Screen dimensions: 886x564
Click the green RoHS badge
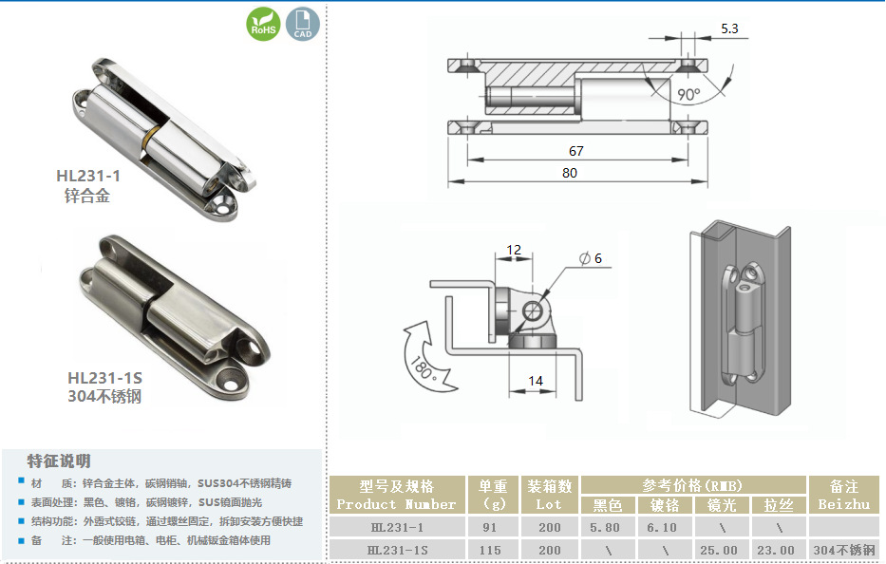(263, 24)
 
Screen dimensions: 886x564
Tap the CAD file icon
(302, 24)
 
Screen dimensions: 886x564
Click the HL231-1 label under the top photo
(88, 176)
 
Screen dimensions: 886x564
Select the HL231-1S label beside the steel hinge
(105, 378)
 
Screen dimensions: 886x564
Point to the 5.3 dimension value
(729, 28)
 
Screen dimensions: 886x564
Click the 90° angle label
(688, 94)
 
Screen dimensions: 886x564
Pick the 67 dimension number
(575, 151)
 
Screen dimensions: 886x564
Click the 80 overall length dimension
(570, 173)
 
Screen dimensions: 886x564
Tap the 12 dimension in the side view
(514, 249)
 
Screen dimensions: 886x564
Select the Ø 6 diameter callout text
(591, 258)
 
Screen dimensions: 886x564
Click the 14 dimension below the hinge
(535, 381)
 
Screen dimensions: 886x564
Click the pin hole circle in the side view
(533, 310)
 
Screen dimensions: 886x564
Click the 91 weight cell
(490, 527)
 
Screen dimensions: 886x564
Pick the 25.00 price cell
(718, 550)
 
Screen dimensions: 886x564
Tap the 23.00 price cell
(776, 550)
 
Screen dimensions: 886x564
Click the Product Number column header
(396, 504)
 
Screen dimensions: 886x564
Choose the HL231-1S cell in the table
(397, 550)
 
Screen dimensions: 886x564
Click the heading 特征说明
(59, 461)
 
